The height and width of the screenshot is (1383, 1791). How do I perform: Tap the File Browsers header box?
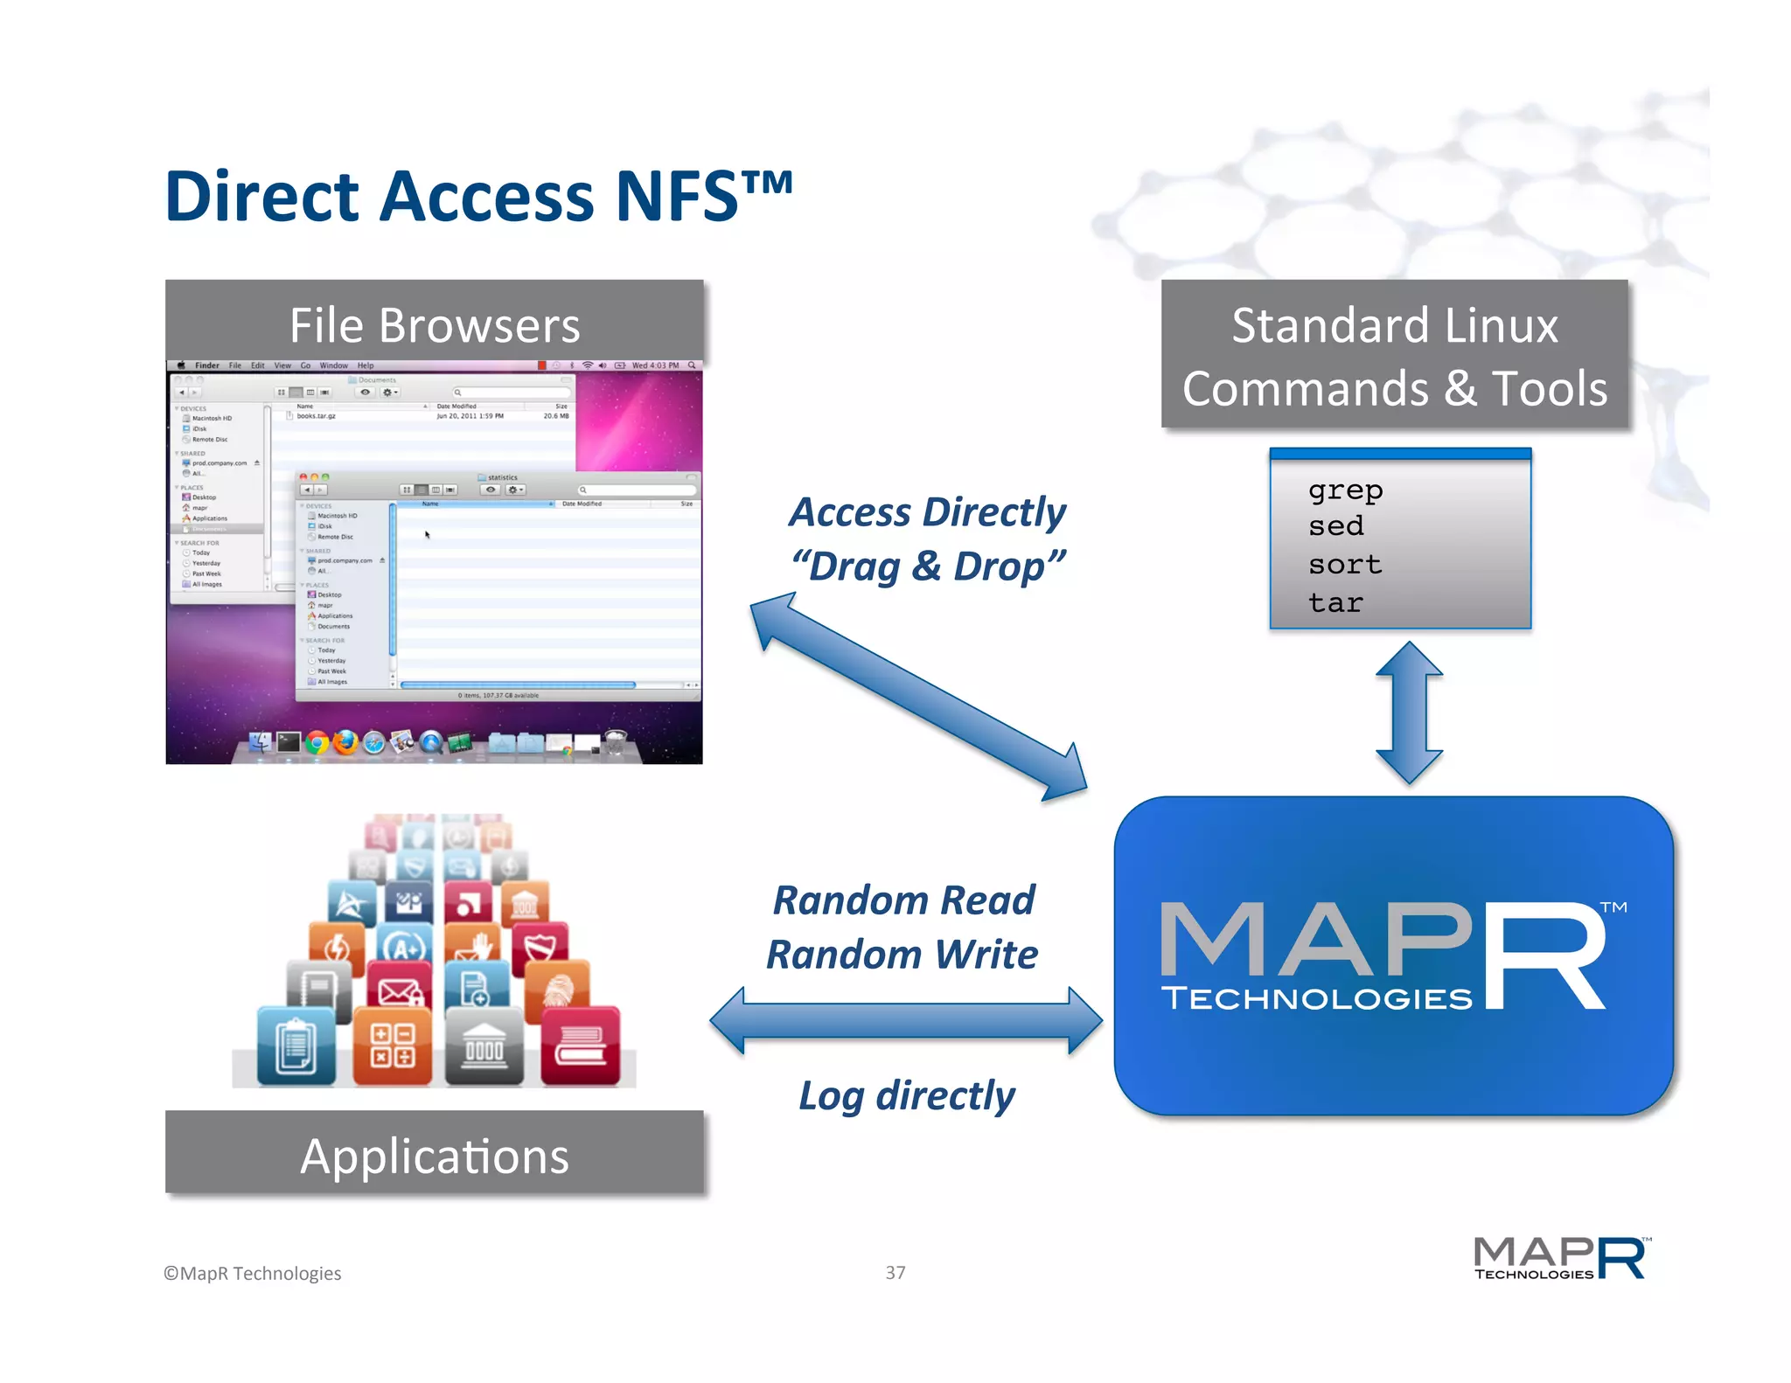[x=435, y=324]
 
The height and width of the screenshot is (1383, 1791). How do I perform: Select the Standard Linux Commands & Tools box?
[x=1394, y=356]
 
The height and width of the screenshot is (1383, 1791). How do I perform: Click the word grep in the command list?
[x=1345, y=490]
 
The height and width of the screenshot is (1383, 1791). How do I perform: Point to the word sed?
[x=1335, y=526]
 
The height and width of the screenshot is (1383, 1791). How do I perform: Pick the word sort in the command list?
[x=1345, y=565]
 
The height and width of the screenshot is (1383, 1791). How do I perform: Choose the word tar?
[x=1335, y=603]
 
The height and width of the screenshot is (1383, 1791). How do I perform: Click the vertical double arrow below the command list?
[x=1408, y=712]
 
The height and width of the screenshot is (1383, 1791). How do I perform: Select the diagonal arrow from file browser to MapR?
[x=918, y=697]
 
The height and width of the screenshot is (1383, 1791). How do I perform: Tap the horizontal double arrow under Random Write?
[x=906, y=1020]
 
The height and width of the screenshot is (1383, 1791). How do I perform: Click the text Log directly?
[x=907, y=1095]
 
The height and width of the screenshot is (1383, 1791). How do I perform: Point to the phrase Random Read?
[x=903, y=900]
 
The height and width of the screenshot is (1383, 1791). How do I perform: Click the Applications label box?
[x=435, y=1156]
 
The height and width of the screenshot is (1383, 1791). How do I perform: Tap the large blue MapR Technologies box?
[x=1393, y=956]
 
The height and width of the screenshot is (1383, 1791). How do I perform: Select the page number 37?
[x=895, y=1273]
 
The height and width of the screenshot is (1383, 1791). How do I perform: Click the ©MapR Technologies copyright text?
[x=253, y=1274]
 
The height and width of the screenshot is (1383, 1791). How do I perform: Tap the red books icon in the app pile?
[x=580, y=1044]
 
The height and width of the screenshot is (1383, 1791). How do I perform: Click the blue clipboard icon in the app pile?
[x=296, y=1046]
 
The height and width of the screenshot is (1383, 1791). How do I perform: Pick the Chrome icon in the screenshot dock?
[x=317, y=743]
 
